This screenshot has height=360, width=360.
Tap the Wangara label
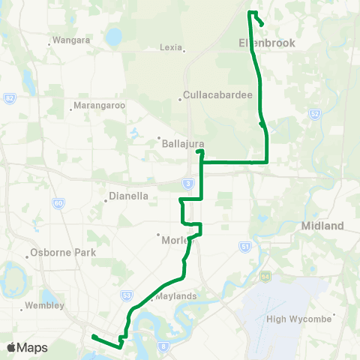[71, 39]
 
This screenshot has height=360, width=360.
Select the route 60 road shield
[58, 203]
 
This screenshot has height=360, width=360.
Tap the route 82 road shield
[9, 98]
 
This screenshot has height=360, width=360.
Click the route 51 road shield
[244, 246]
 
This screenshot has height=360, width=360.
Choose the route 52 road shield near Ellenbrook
[314, 113]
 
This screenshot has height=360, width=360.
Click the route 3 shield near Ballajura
[187, 182]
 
